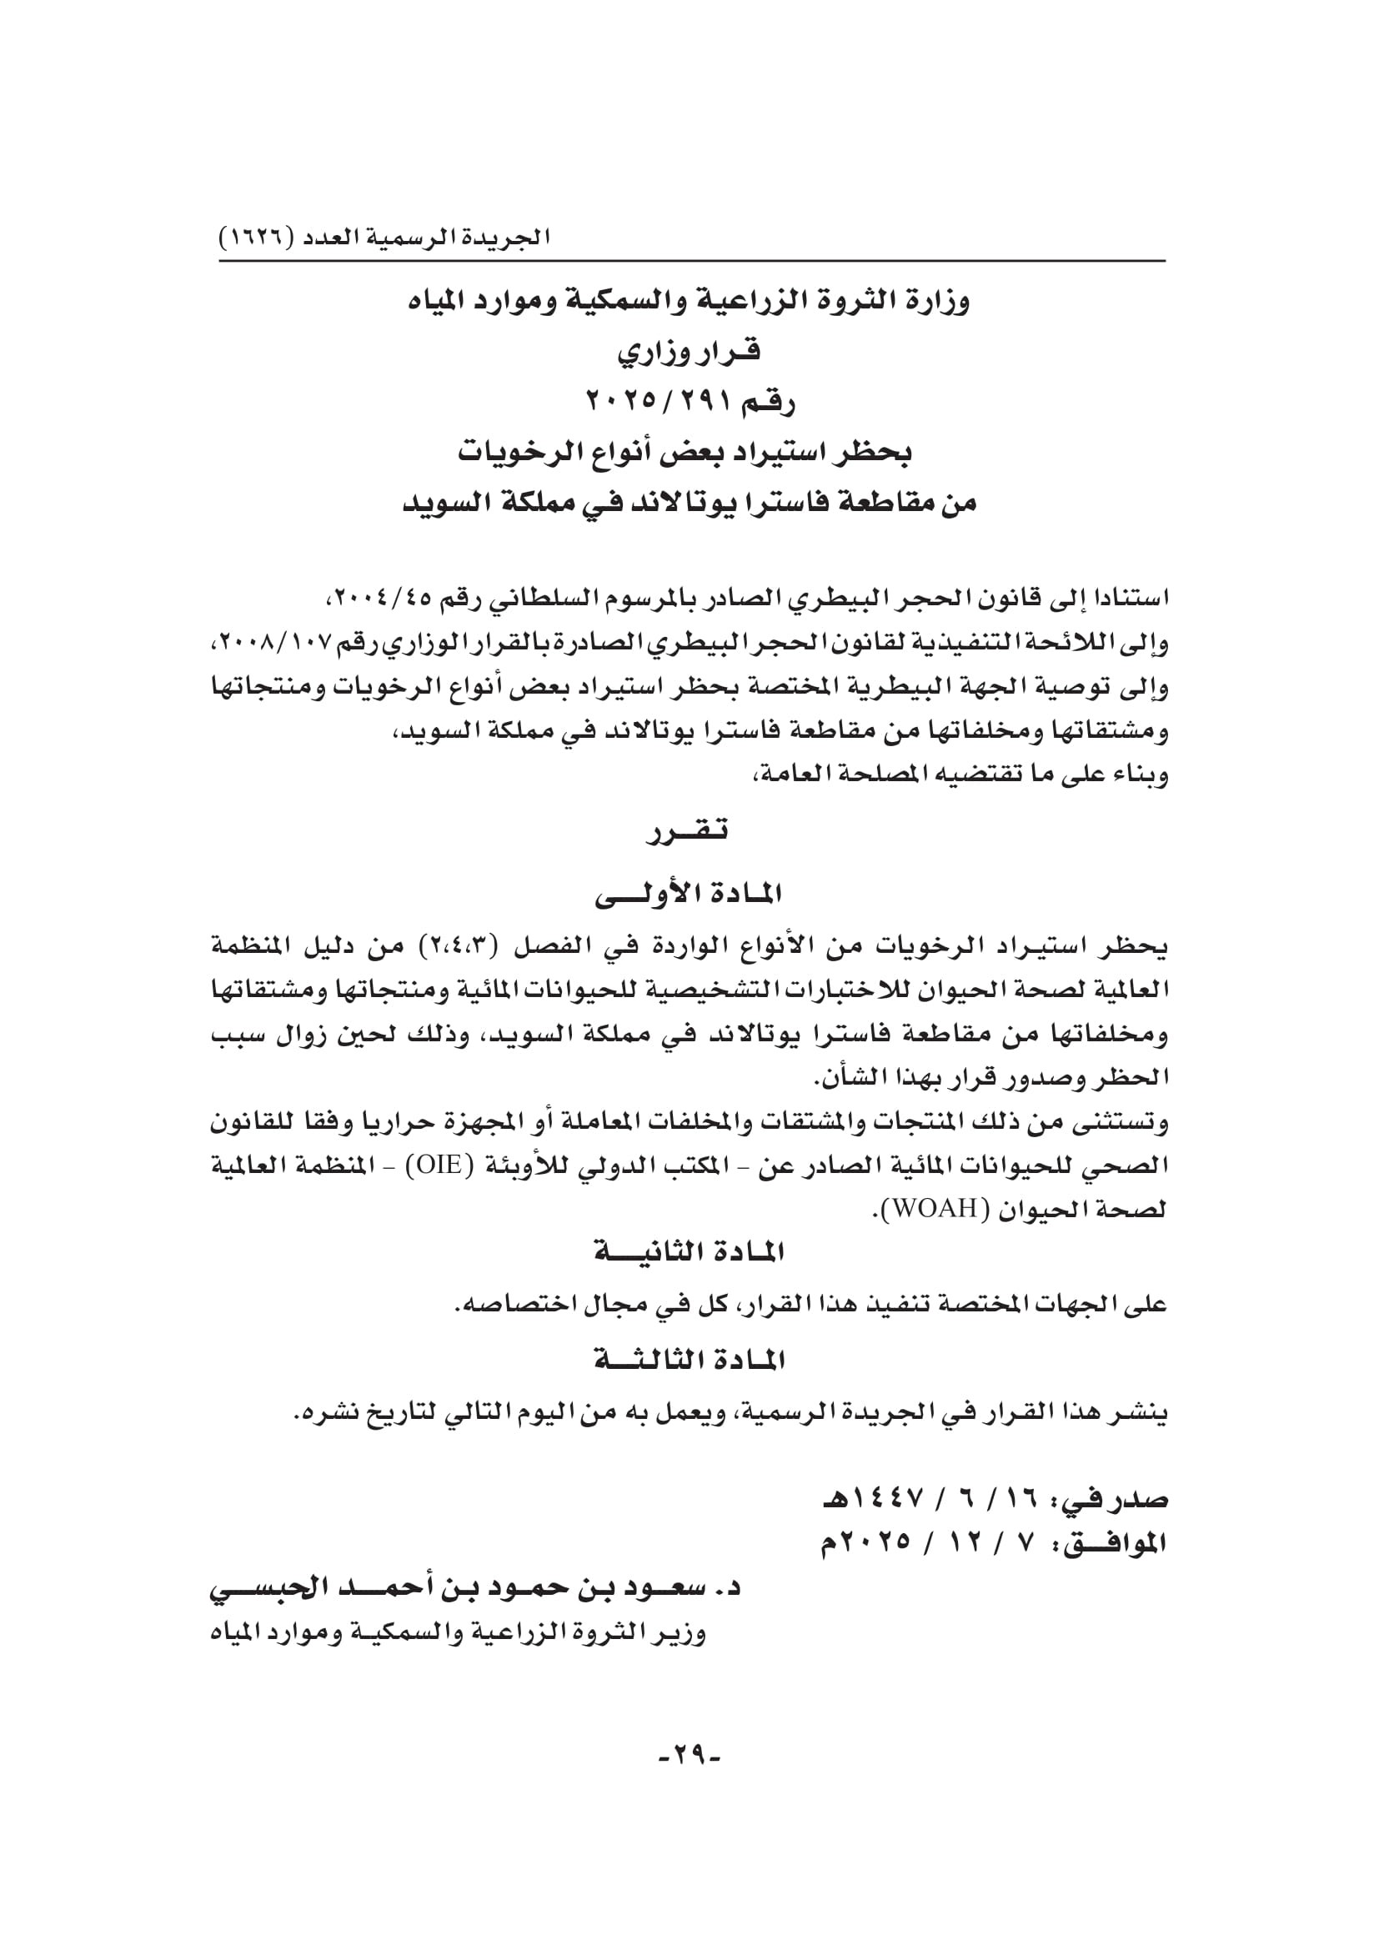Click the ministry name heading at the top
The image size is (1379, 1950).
(x=689, y=302)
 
